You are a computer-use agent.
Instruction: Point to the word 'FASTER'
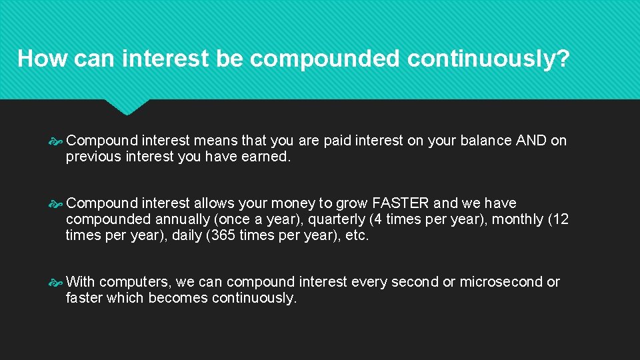pyautogui.click(x=401, y=203)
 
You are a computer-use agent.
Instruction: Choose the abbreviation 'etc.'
pyautogui.click(x=355, y=235)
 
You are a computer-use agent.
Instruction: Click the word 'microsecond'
pyautogui.click(x=501, y=282)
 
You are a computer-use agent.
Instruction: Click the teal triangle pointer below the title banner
pyautogui.click(x=127, y=106)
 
